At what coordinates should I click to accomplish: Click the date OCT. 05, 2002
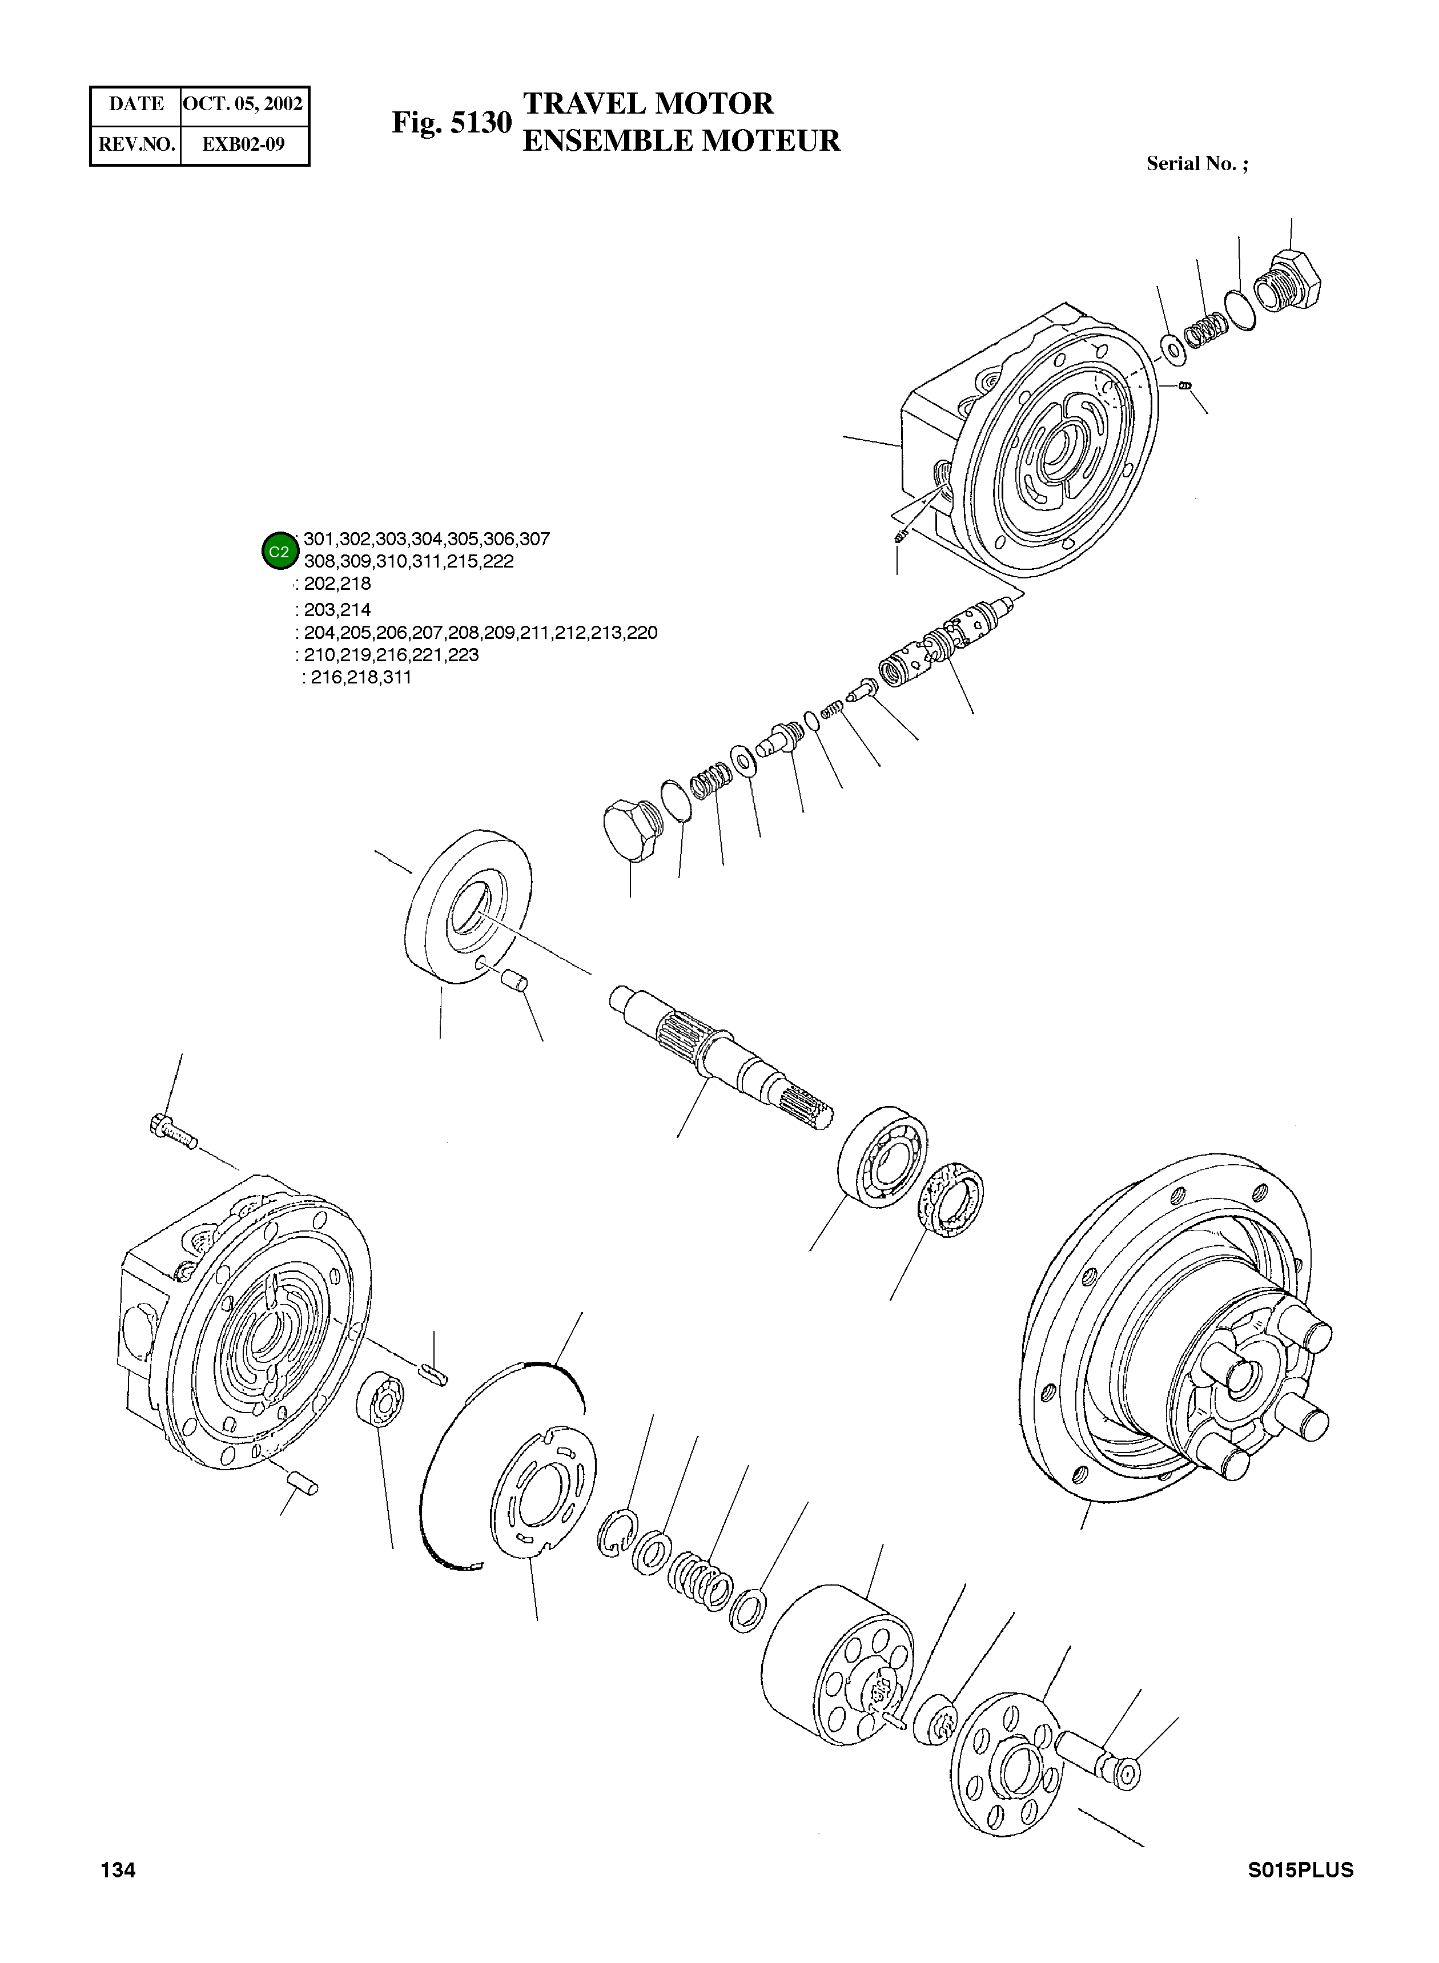click(243, 104)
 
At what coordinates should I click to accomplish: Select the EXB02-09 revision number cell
click(243, 144)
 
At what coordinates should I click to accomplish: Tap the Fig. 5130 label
click(451, 123)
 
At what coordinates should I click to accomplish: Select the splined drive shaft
click(723, 1057)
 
